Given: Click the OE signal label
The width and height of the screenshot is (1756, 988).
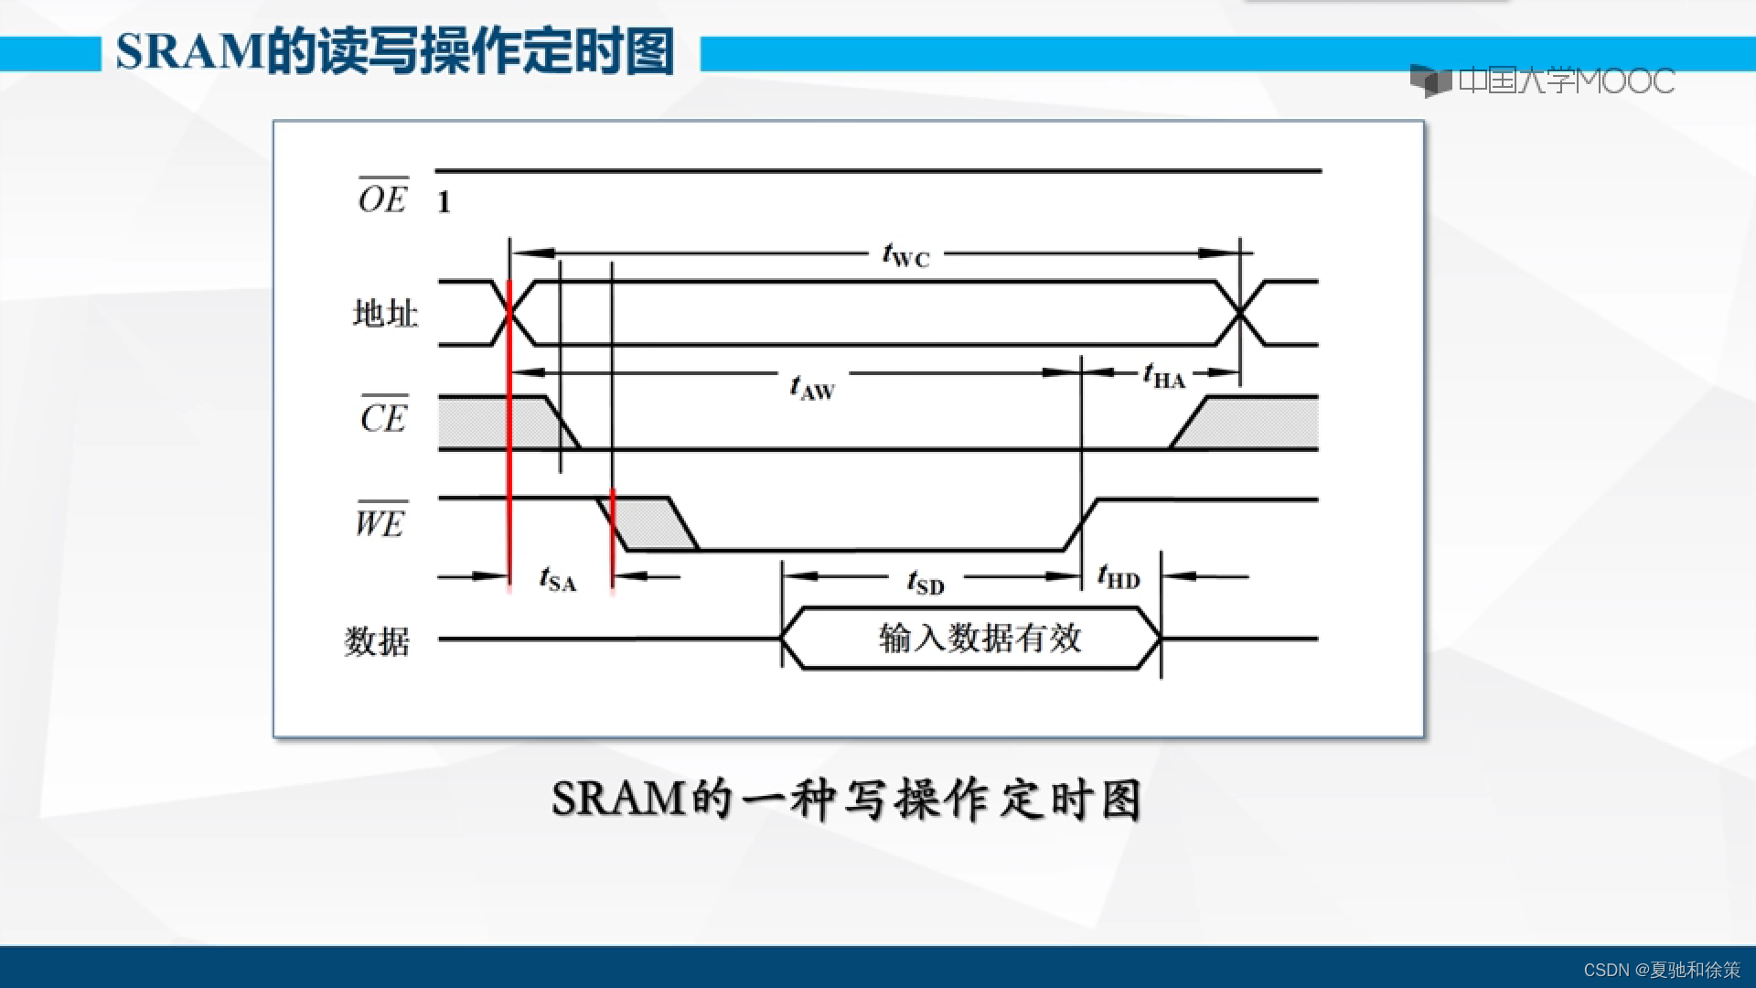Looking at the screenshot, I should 382,199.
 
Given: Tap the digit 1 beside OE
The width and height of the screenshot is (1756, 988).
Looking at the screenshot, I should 444,202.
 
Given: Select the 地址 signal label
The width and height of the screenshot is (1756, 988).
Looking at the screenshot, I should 385,314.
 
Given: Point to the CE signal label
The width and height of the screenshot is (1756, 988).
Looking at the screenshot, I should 383,417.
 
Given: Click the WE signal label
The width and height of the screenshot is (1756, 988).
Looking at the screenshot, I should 380,522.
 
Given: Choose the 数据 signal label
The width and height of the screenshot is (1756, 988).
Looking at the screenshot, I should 377,640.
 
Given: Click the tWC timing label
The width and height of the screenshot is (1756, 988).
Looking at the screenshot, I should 905,255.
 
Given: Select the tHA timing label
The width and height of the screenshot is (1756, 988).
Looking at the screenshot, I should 1163,376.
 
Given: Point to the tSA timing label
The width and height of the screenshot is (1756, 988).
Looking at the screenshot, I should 558,579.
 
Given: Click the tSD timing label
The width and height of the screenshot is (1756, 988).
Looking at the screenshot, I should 925,582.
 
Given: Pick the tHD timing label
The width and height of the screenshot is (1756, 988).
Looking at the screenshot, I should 1119,577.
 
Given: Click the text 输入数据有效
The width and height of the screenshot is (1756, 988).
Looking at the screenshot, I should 980,638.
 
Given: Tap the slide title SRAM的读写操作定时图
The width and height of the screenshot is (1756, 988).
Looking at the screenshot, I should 395,52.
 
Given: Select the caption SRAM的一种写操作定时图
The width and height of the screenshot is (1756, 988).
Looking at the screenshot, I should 846,800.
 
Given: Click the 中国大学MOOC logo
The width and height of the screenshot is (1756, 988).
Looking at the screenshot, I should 1542,81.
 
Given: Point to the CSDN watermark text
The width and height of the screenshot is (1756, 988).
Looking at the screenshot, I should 1662,970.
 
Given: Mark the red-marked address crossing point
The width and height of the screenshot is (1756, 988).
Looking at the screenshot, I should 509,313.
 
